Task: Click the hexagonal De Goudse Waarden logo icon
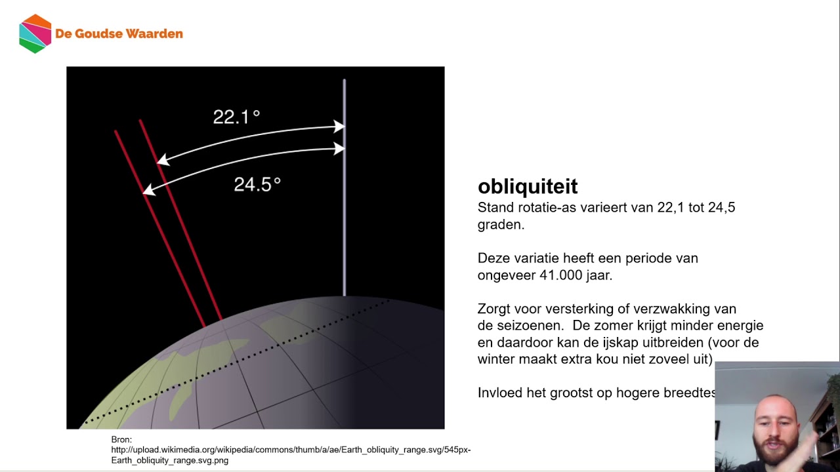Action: point(35,33)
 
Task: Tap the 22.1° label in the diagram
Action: point(236,117)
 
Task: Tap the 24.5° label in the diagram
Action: point(257,185)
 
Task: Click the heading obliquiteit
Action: point(528,187)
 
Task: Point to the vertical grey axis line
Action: point(344,216)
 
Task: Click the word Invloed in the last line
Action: point(499,393)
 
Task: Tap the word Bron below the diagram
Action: point(121,440)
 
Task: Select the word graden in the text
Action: point(501,225)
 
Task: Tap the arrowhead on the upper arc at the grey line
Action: point(339,127)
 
